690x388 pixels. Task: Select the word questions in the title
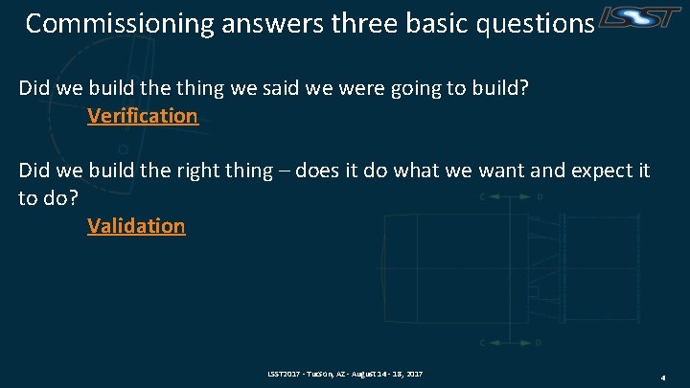536,24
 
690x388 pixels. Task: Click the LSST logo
639,17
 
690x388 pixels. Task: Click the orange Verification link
143,116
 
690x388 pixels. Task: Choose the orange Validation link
136,226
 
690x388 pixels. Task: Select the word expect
602,171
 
